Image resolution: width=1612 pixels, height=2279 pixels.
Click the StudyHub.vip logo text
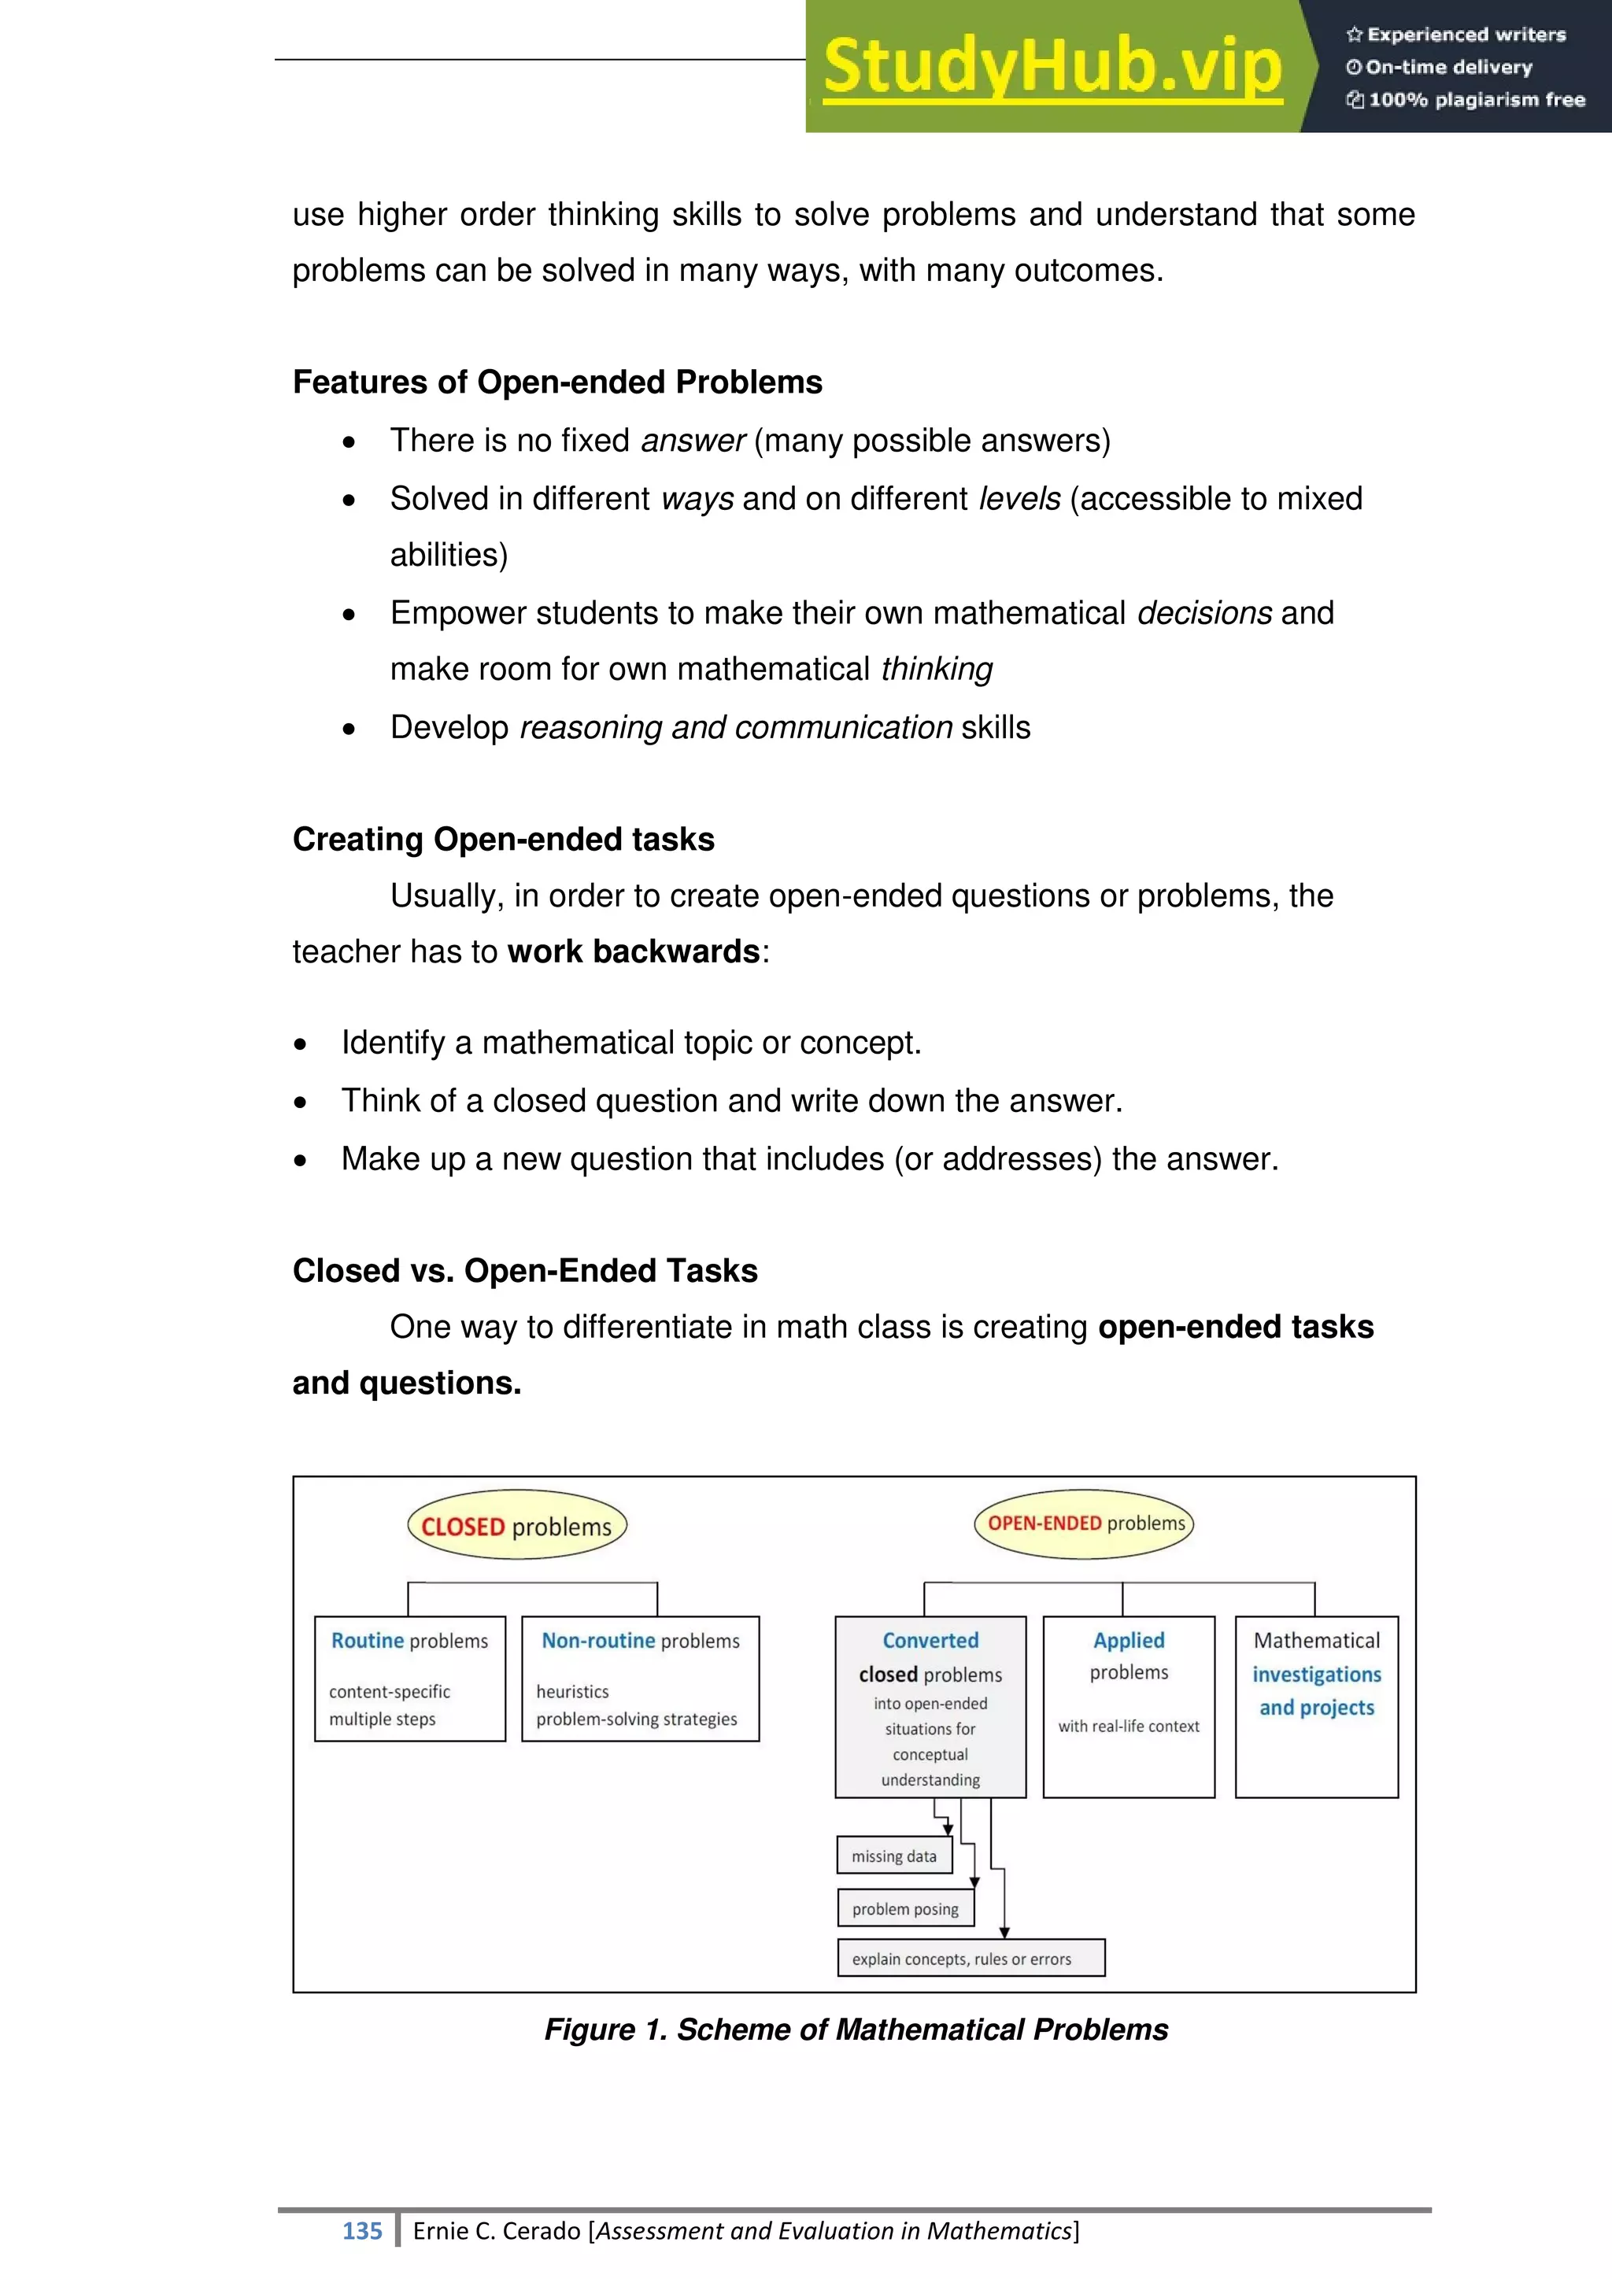pyautogui.click(x=1052, y=68)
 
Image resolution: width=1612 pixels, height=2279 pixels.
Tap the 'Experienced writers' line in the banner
pyautogui.click(x=1456, y=35)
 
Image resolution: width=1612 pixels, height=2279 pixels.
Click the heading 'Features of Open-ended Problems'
pyautogui.click(x=556, y=382)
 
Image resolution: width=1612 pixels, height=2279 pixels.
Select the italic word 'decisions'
pyautogui.click(x=1204, y=612)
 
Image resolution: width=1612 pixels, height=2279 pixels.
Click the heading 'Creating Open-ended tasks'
pyautogui.click(x=503, y=839)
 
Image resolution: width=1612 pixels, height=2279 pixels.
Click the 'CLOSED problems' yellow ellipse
pyautogui.click(x=516, y=1526)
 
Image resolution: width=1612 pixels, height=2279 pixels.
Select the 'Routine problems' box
pyautogui.click(x=410, y=1678)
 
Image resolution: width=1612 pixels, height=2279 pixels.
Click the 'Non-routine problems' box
pyautogui.click(x=640, y=1678)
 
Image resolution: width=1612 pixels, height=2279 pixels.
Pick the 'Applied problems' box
pyautogui.click(x=1129, y=1705)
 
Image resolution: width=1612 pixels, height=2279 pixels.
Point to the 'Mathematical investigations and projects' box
pyautogui.click(x=1316, y=1705)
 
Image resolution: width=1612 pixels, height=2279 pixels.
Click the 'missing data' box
pyautogui.click(x=894, y=1855)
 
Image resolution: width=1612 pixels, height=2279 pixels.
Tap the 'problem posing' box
pyautogui.click(x=905, y=1908)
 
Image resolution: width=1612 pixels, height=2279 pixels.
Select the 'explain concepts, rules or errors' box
pyautogui.click(x=970, y=1959)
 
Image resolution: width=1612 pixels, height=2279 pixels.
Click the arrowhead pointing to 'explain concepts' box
pyautogui.click(x=1004, y=1932)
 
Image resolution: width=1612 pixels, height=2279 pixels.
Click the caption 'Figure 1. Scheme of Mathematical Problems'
pyautogui.click(x=856, y=2030)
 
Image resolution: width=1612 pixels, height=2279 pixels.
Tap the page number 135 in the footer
pyautogui.click(x=362, y=2231)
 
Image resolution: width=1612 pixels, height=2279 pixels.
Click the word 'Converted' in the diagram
pyautogui.click(x=930, y=1641)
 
